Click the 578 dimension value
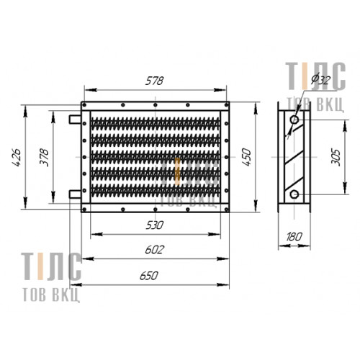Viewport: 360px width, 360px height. click(154, 81)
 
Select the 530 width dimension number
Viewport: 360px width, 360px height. click(155, 225)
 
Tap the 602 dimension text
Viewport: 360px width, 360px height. click(155, 250)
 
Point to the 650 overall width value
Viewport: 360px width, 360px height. click(149, 276)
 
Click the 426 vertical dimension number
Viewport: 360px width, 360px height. click(17, 158)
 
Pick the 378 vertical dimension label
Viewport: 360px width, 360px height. click(44, 158)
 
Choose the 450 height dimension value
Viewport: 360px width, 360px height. click(246, 158)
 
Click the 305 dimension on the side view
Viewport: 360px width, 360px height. click(336, 158)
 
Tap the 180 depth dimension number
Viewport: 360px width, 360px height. click(294, 237)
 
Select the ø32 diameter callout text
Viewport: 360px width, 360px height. click(321, 79)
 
